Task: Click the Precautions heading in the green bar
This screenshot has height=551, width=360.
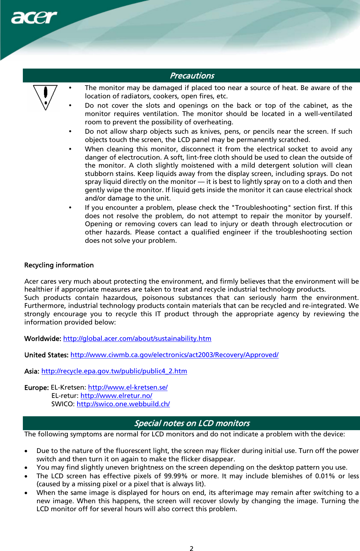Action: (x=192, y=75)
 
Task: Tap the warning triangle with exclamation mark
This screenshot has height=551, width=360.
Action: (x=45, y=97)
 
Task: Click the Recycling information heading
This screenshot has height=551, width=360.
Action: (x=59, y=265)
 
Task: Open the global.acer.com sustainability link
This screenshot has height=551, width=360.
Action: (x=137, y=338)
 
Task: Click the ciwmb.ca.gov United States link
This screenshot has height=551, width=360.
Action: (x=174, y=355)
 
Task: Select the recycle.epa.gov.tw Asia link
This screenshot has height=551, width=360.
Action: (x=114, y=371)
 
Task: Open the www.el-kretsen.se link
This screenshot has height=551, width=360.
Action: (x=128, y=387)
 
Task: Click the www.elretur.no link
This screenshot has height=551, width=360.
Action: (x=116, y=396)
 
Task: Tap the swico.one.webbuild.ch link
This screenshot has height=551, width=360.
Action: (x=123, y=404)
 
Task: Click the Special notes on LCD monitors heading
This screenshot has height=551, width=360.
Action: (x=192, y=423)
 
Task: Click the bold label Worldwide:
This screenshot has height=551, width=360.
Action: (x=43, y=338)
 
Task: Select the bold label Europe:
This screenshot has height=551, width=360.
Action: (x=36, y=388)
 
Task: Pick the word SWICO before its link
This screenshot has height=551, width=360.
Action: (x=63, y=404)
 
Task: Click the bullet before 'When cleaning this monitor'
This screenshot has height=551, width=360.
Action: (x=70, y=149)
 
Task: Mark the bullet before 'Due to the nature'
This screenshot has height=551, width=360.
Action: (x=26, y=451)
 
